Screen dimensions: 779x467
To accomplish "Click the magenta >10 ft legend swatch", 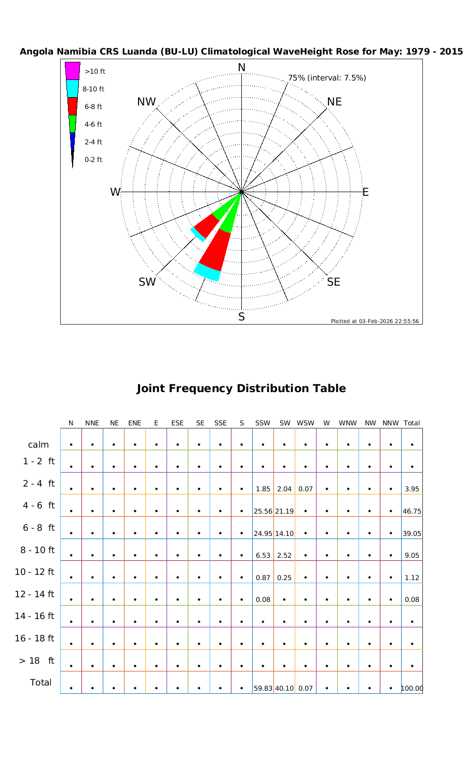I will coord(73,71).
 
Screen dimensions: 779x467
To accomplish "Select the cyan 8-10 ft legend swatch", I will coord(73,88).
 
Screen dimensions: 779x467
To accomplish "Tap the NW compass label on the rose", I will coord(146,102).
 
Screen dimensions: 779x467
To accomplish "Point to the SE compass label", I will coord(334,282).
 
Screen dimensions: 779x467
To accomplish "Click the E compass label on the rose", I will coord(365,192).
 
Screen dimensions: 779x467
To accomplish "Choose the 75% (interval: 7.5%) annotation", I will coord(327,78).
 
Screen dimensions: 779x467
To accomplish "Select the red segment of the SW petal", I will coord(206,225).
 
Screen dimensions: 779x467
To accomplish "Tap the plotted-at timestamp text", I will coord(375,321).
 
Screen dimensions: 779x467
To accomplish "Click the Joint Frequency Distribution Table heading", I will coord(241,388).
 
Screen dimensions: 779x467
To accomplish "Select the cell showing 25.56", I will coord(263,511).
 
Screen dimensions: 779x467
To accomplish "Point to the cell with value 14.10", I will coord(284,533).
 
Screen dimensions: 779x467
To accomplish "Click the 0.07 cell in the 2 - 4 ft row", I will coord(306,489).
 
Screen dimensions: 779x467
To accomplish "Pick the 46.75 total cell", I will coord(411,511).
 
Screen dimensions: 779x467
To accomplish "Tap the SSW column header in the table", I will coord(263,423).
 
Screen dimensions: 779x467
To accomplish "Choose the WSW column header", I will coord(306,423).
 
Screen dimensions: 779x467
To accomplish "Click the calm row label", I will coord(39,445).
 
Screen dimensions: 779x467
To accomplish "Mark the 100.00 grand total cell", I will coord(412,689).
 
